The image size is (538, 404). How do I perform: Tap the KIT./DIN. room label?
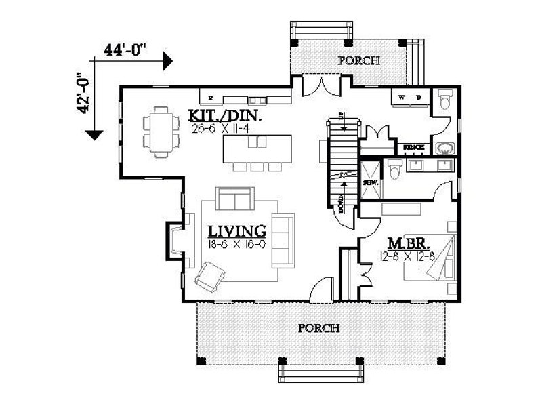[x=225, y=116]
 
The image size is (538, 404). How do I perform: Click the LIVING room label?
[x=236, y=231]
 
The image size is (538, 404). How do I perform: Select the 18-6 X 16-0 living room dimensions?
[x=236, y=244]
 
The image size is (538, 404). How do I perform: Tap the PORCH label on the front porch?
[x=318, y=328]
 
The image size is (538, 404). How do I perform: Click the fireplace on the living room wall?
[x=174, y=241]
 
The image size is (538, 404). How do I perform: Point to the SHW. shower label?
[x=370, y=182]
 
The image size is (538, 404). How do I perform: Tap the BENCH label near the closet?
[x=413, y=147]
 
